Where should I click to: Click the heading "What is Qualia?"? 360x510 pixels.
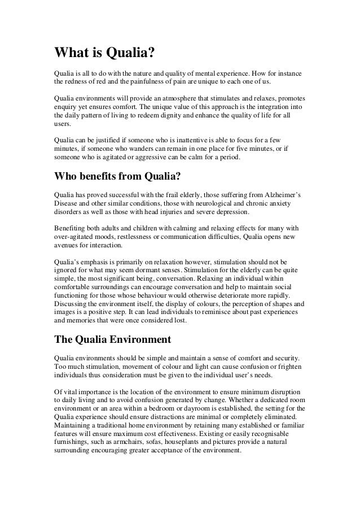pos(103,54)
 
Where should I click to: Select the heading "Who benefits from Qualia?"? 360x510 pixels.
pos(117,177)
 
